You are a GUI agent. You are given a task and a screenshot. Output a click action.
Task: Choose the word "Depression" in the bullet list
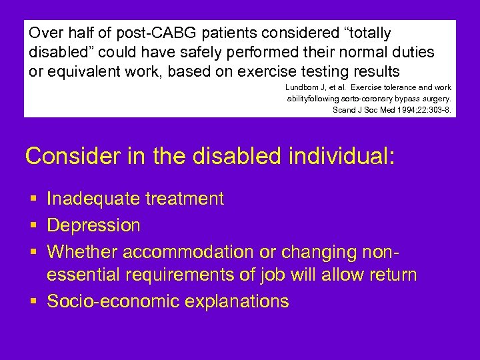93,225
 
